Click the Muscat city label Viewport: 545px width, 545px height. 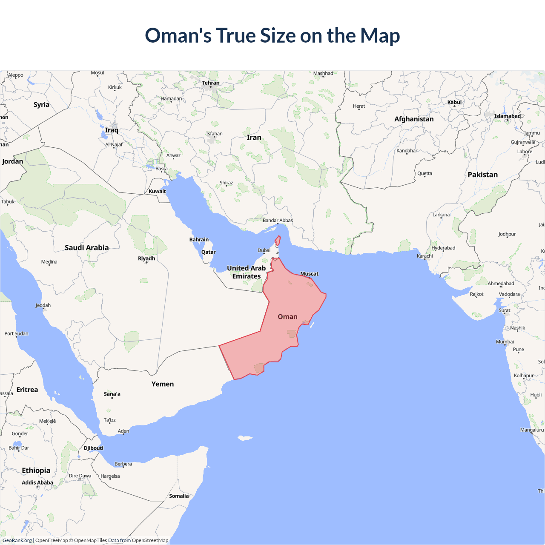(309, 274)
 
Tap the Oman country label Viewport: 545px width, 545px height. (287, 317)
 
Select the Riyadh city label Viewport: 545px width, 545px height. (146, 258)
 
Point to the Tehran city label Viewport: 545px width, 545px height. (210, 83)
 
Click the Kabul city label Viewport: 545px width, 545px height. (454, 102)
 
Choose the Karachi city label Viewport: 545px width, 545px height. (425, 256)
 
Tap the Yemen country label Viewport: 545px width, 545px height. (163, 384)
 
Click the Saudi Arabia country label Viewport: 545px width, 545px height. (86, 248)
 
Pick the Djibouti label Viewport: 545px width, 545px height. (94, 448)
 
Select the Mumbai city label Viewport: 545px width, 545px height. (505, 342)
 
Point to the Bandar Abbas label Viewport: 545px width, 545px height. (278, 221)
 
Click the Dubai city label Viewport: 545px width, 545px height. (264, 250)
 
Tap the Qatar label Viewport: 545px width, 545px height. (208, 252)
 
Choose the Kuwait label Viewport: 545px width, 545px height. (157, 192)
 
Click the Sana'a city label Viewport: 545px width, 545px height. (112, 394)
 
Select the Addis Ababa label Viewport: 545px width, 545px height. (37, 483)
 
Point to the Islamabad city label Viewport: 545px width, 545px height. (507, 116)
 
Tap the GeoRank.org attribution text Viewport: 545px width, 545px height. (17, 540)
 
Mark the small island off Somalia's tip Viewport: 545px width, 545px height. (244, 438)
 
